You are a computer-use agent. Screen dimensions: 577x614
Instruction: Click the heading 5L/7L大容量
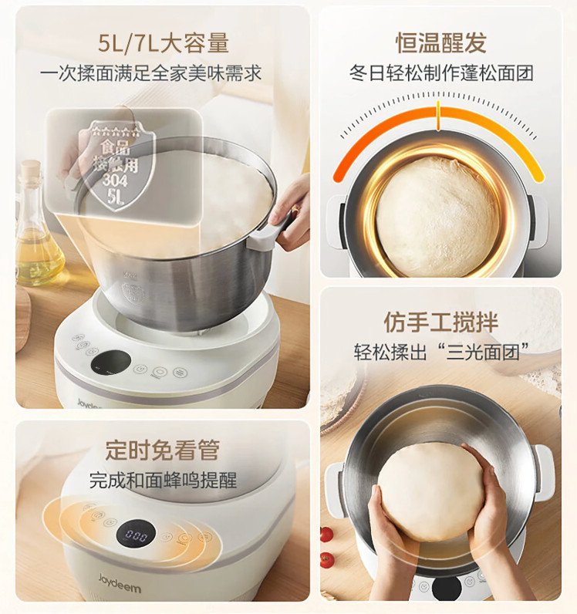(x=164, y=43)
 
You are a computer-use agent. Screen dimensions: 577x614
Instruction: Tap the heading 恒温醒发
(x=441, y=42)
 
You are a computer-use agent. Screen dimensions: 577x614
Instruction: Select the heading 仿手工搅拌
(x=440, y=322)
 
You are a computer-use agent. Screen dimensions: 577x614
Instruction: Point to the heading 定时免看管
(x=162, y=450)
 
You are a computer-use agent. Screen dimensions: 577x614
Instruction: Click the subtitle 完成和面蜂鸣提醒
(x=163, y=480)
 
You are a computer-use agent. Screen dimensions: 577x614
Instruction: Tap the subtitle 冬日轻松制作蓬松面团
(x=441, y=73)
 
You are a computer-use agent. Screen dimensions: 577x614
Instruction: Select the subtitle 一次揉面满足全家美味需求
(x=151, y=73)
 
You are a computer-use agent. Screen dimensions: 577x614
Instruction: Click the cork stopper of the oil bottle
(x=31, y=169)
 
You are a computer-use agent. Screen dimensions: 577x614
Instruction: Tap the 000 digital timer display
(x=136, y=535)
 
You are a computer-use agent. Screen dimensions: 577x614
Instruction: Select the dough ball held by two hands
(x=431, y=492)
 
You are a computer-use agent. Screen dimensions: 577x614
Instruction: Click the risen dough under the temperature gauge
(x=437, y=216)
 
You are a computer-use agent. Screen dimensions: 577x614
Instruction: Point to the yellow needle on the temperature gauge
(x=438, y=116)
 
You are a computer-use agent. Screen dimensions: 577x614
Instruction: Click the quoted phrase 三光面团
(x=483, y=352)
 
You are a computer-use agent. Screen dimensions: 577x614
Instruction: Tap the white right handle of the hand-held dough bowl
(x=544, y=473)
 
